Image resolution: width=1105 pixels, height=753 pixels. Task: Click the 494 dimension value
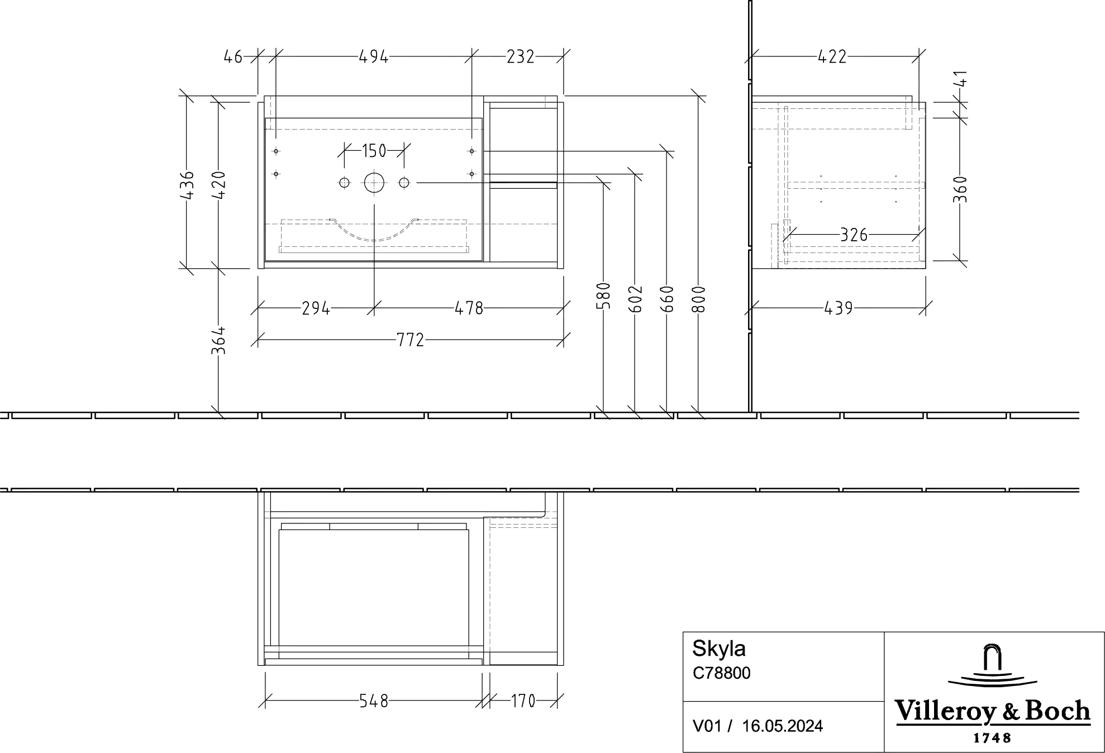pos(373,56)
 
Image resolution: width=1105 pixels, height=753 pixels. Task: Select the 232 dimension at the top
pos(520,56)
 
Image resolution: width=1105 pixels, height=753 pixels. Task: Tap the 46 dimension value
pos(233,56)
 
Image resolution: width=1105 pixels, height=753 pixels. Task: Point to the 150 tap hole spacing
pos(374,150)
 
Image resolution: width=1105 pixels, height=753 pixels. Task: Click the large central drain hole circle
pos(374,183)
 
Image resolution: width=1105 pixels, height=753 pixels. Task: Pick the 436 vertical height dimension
pos(187,185)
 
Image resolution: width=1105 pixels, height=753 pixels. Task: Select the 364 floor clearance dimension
pos(218,340)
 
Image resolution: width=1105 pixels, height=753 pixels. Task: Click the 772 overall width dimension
pos(411,340)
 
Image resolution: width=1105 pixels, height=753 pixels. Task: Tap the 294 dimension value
pos(316,308)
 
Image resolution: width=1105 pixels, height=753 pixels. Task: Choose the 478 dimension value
pos(468,308)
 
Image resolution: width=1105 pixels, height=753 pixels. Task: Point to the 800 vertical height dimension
pos(699,299)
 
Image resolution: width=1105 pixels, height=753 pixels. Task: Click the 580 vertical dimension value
pos(604,296)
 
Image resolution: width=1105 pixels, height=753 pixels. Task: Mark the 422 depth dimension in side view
pos(832,56)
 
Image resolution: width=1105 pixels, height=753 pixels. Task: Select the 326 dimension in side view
pos(854,235)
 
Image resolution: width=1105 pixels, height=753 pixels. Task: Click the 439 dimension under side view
pos(838,308)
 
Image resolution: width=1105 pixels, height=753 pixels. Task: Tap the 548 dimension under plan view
pos(373,701)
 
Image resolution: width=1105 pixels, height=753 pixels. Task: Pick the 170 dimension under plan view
pos(523,701)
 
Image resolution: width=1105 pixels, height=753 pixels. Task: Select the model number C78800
pos(721,673)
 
